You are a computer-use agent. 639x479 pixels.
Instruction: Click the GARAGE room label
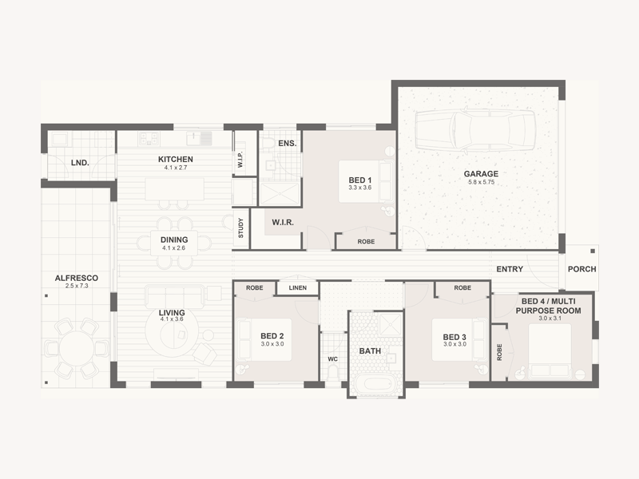(481, 173)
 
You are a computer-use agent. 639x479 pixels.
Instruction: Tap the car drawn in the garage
(475, 130)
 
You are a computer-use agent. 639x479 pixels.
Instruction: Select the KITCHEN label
(176, 159)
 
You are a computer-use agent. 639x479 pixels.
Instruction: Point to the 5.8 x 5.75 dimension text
(482, 182)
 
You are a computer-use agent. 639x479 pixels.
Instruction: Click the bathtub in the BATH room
(376, 384)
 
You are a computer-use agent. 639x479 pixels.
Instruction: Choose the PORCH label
(582, 269)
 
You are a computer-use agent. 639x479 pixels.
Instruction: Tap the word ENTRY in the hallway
(510, 269)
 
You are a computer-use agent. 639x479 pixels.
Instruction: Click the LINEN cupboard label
(298, 287)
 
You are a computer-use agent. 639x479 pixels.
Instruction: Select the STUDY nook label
(241, 228)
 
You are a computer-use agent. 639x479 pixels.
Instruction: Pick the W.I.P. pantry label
(240, 159)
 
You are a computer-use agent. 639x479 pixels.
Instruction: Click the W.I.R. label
(283, 223)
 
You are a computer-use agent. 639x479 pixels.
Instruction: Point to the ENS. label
(288, 144)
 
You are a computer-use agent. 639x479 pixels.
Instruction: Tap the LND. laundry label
(80, 163)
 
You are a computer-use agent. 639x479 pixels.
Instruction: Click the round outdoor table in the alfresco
(77, 348)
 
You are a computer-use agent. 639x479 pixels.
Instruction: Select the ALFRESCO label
(77, 278)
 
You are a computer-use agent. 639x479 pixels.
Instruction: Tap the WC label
(333, 358)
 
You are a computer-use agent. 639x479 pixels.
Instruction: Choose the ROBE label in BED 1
(366, 242)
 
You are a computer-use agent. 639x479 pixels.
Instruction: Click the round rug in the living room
(173, 335)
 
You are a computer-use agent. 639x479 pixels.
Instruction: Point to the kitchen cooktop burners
(149, 139)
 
